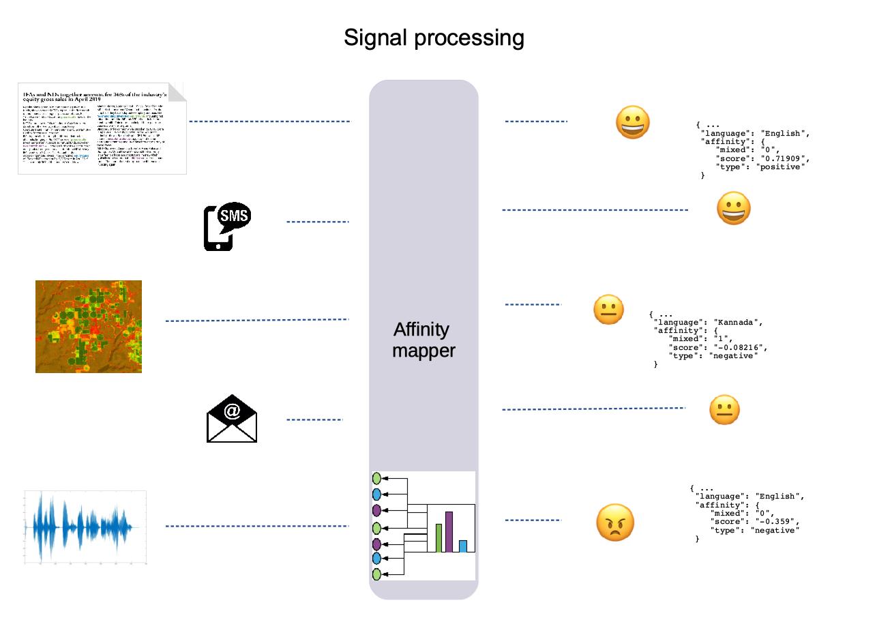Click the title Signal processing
(434, 38)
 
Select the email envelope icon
(232, 418)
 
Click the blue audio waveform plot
(85, 527)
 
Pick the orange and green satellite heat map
(89, 327)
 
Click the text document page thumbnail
(102, 129)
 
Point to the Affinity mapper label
(423, 340)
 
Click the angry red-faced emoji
(615, 523)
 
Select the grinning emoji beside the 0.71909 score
(632, 123)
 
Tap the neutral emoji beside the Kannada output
(609, 310)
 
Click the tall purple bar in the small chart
(449, 531)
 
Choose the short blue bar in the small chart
(463, 546)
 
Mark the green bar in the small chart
(439, 537)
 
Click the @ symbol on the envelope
(232, 411)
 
